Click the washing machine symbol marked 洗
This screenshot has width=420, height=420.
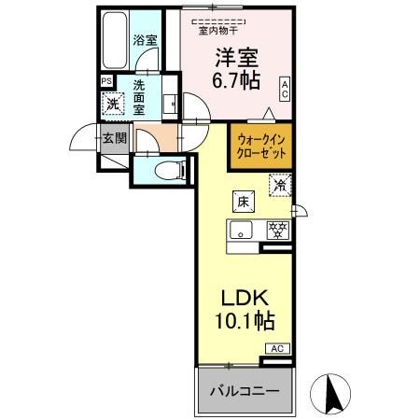point(112,103)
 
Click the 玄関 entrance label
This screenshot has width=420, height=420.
point(115,138)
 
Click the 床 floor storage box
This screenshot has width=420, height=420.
point(241,202)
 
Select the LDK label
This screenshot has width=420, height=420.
point(245,299)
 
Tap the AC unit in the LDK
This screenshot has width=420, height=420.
point(277,349)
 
